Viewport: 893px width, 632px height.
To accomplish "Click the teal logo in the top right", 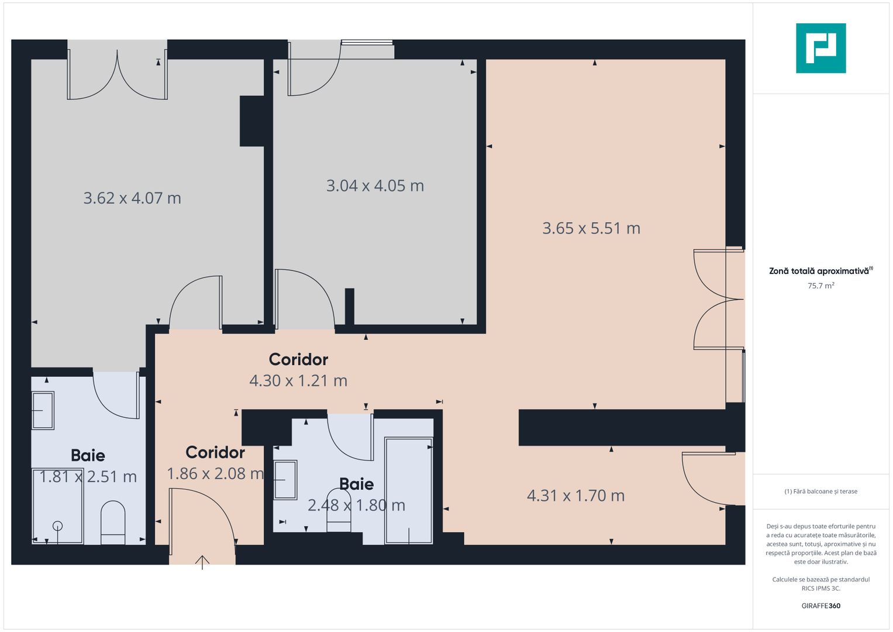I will click(820, 48).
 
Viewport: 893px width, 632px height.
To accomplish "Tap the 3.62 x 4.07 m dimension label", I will click(132, 198).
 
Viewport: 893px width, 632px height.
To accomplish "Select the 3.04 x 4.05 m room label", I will click(375, 186).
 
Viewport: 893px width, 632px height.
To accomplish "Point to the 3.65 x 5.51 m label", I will click(591, 228).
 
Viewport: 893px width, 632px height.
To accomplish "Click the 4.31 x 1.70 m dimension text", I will click(575, 496).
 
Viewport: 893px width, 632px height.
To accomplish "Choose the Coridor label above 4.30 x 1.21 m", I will click(298, 359).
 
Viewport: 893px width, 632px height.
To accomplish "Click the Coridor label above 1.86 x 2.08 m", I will click(215, 452).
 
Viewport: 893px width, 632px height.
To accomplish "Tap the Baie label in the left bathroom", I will click(88, 455).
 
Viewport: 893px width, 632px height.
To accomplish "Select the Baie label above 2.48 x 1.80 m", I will click(356, 484).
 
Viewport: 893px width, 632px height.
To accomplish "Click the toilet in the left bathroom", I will click(113, 521).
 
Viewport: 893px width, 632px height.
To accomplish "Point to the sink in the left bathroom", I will click(43, 410).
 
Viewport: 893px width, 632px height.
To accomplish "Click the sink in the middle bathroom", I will click(285, 480).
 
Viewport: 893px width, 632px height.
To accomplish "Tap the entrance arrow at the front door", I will click(202, 562).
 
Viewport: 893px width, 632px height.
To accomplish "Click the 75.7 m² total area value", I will click(820, 286).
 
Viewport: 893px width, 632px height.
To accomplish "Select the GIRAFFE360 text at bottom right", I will click(820, 606).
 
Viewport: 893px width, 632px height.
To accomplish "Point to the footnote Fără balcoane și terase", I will click(820, 492).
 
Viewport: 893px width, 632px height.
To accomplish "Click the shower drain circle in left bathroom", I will click(57, 525).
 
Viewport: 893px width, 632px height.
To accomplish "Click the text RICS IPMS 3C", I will click(820, 588).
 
